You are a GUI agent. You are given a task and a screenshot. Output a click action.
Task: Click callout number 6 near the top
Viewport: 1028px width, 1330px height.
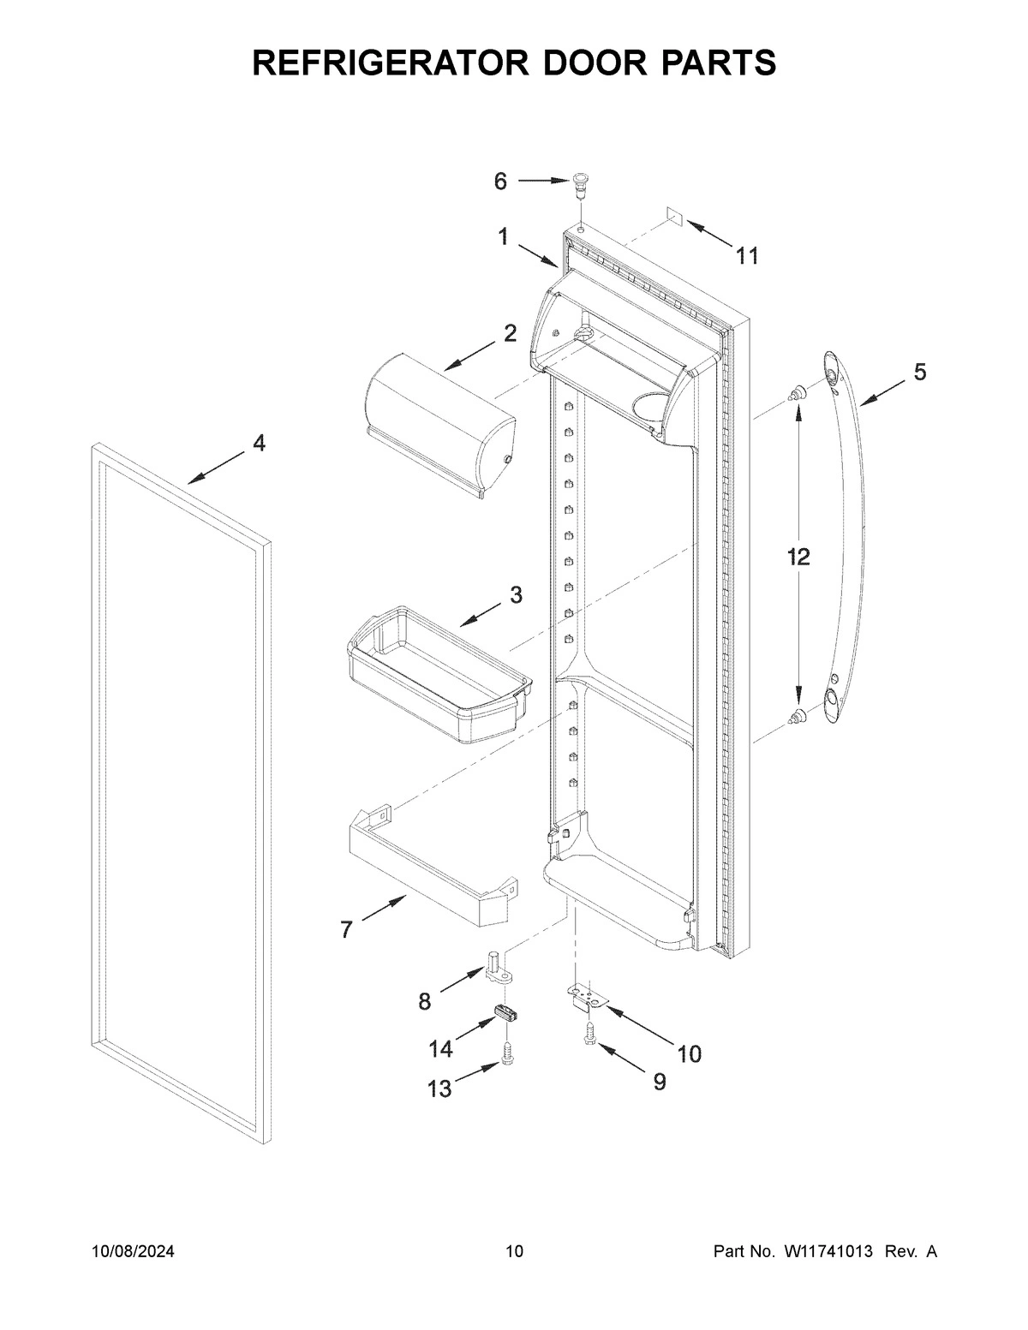pos(500,182)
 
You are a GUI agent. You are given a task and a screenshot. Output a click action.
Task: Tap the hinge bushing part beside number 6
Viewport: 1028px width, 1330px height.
pos(583,182)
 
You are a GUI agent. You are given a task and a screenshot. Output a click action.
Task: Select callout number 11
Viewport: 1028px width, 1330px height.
pos(747,255)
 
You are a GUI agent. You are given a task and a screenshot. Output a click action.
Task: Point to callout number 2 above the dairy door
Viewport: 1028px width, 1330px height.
pos(510,334)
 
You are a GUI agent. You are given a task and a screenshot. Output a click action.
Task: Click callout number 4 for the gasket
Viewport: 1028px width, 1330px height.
pos(259,443)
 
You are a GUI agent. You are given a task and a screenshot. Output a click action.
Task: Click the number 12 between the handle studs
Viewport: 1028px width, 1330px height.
pos(798,558)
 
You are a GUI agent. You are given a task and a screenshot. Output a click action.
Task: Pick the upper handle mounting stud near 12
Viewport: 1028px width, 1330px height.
pos(798,393)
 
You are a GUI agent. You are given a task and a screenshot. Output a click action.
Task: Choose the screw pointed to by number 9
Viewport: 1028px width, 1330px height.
pos(589,1034)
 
